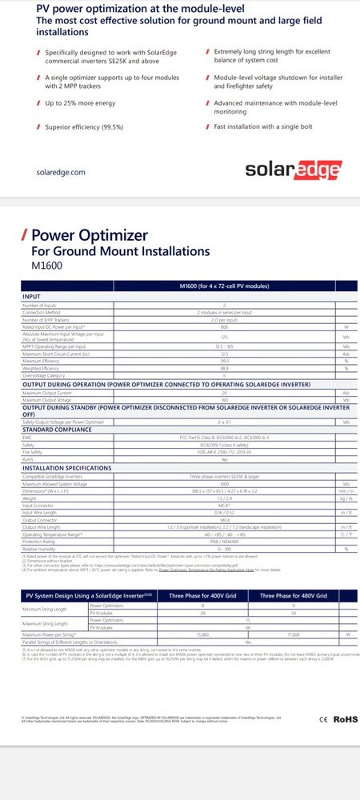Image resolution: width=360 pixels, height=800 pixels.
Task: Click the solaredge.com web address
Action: pos(61,172)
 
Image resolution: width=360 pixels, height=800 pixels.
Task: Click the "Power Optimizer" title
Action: pos(89,235)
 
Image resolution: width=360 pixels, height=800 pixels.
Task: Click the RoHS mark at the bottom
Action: pos(341,742)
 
